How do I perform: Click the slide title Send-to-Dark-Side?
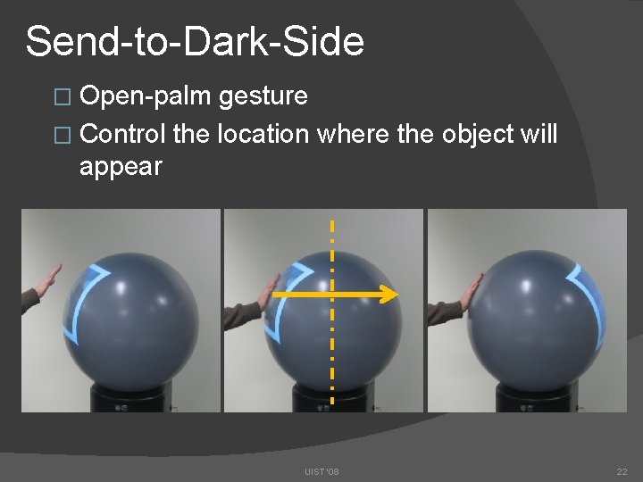(x=195, y=41)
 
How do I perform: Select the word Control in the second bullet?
(x=123, y=134)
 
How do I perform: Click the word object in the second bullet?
(x=476, y=134)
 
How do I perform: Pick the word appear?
(x=121, y=166)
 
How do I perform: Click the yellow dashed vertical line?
(x=332, y=357)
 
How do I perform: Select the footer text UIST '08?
(x=321, y=471)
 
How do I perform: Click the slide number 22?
(x=622, y=471)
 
